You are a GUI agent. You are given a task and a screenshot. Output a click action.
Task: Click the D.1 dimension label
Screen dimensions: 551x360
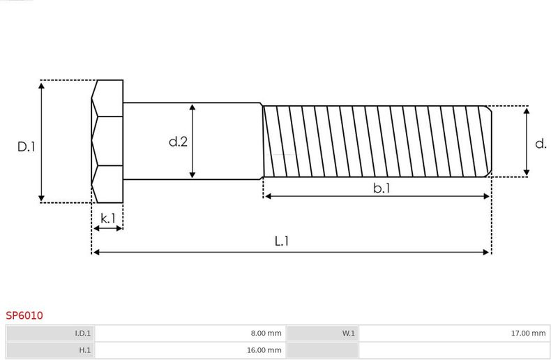click(x=27, y=147)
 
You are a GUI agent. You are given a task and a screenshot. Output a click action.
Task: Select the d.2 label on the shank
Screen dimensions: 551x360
click(x=178, y=142)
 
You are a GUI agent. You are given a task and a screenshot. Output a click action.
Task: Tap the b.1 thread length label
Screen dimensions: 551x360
click(x=382, y=188)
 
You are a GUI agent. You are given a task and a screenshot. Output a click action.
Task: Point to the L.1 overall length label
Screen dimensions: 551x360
click(x=282, y=241)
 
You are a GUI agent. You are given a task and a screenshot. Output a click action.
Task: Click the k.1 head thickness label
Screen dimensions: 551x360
click(x=108, y=218)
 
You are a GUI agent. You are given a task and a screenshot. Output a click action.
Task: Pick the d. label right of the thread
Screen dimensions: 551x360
click(x=541, y=144)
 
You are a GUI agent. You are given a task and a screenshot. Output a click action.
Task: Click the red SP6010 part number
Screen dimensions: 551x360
click(x=24, y=315)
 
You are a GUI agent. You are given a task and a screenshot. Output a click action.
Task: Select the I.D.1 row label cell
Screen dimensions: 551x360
click(x=50, y=333)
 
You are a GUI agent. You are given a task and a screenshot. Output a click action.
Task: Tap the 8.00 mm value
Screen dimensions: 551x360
click(x=266, y=333)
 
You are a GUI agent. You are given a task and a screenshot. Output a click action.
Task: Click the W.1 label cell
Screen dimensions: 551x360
click(x=323, y=333)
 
